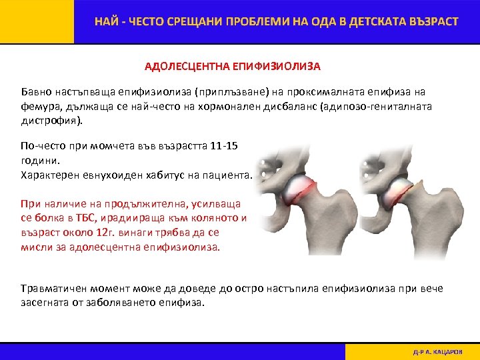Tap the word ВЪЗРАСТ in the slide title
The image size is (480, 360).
coord(431,21)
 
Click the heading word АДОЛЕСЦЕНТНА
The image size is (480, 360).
coord(187,67)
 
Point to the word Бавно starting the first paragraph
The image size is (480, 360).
coord(36,92)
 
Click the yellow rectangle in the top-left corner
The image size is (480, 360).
coord(37,21)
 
